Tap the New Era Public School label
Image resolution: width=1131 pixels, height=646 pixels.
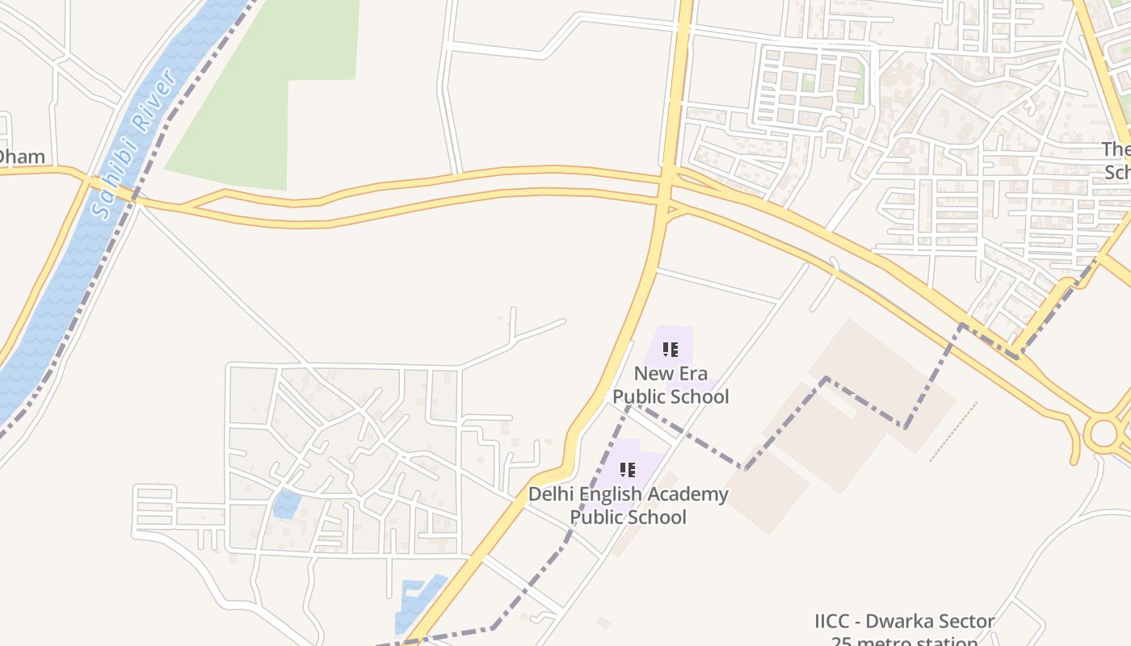coord(671,385)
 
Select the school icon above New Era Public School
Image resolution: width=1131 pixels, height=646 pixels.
coord(671,350)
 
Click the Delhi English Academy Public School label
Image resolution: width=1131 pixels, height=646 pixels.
coord(629,505)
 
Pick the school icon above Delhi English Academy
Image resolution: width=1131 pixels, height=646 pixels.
coord(628,469)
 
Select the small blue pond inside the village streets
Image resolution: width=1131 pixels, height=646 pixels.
coord(286,505)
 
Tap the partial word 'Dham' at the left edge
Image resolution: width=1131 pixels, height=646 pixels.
coord(22,157)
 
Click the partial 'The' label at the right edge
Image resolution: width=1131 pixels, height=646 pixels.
coord(1116,149)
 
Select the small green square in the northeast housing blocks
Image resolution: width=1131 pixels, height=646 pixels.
coord(809,82)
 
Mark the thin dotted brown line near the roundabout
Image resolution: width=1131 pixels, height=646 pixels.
coord(953,432)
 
